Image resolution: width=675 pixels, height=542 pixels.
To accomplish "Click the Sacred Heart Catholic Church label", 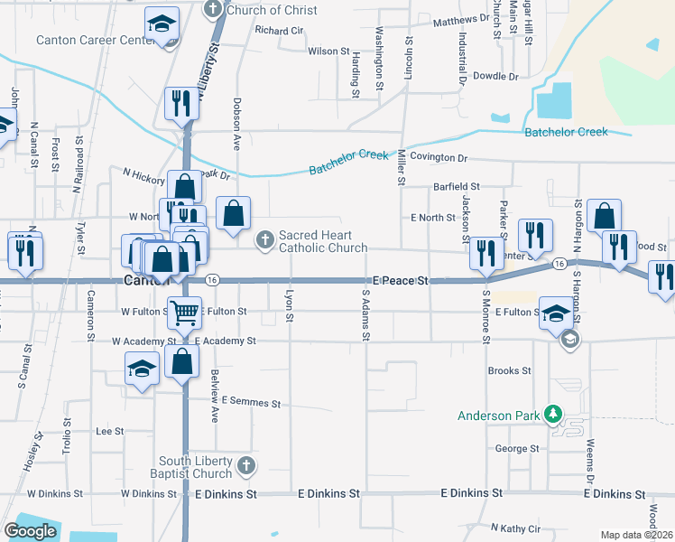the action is click(322, 241).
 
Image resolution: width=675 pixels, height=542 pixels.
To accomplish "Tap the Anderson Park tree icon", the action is click(552, 416).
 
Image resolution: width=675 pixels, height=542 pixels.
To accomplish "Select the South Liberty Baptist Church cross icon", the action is click(246, 466).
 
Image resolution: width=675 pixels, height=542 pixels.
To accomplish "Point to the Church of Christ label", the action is click(272, 10).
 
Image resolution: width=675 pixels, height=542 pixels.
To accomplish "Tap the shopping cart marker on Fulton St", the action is click(185, 314).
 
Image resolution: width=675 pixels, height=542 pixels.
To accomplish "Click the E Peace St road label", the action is click(393, 282).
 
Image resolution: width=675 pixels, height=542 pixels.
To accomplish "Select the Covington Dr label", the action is click(439, 157).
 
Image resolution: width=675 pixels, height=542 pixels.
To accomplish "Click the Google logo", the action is click(31, 531).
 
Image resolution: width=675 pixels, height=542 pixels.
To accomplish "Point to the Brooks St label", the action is click(509, 370).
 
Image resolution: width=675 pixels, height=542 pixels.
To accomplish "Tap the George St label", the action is click(517, 448).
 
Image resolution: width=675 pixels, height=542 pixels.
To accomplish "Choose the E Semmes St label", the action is click(245, 399).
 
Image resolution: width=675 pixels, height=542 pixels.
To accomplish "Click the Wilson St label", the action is click(328, 51).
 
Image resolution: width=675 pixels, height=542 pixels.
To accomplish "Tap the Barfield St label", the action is click(456, 186).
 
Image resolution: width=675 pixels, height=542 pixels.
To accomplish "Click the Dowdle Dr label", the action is click(496, 76).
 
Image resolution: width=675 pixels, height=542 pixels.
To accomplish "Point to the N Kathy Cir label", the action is click(514, 528).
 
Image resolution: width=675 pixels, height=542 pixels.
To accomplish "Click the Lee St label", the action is click(109, 432).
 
